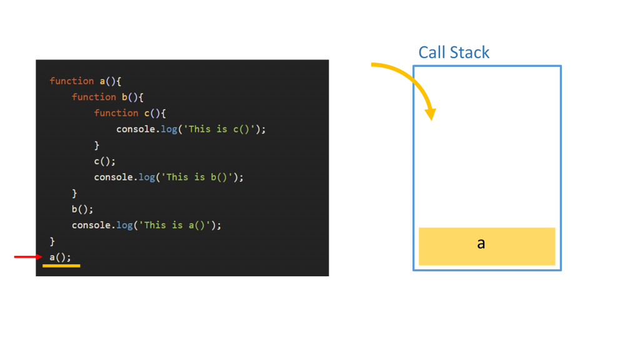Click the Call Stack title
(454, 52)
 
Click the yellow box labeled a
(487, 246)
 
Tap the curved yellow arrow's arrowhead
(429, 114)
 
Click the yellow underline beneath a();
(61, 266)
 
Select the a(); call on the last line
(61, 257)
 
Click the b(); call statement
(82, 209)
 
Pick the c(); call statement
(105, 161)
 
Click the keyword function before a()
(72, 81)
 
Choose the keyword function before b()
(94, 97)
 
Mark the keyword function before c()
(116, 113)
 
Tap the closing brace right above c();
(97, 145)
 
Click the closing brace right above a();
(52, 241)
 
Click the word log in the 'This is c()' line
(169, 129)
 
